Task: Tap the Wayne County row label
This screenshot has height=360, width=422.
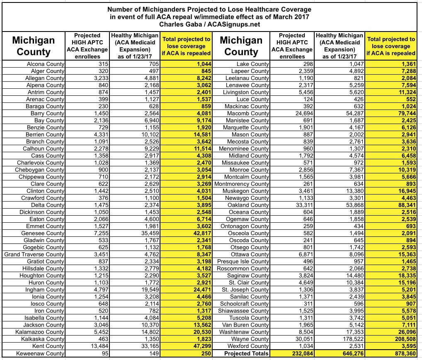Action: [250, 339]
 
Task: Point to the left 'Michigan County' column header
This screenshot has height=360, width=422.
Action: [33, 46]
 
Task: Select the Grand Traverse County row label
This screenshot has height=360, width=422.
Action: [34, 254]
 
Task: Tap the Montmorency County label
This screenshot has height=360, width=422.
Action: [242, 184]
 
